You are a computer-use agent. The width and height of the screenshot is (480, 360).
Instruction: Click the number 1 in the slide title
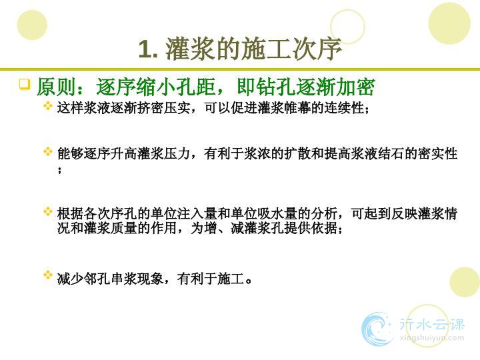[145, 49]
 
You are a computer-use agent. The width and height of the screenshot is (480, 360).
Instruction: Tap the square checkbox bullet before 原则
[25, 84]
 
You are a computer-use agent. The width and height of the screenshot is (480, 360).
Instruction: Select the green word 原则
[56, 87]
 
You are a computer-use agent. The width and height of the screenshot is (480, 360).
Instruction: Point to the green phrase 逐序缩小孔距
[156, 87]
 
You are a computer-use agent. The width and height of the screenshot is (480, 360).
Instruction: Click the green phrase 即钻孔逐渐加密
[306, 87]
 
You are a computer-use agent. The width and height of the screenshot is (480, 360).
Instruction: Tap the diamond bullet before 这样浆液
[48, 106]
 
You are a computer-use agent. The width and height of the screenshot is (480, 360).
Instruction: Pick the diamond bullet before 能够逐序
[48, 151]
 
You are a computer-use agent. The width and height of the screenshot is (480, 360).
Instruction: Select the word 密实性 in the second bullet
[438, 153]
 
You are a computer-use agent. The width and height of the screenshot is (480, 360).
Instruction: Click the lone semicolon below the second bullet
[60, 170]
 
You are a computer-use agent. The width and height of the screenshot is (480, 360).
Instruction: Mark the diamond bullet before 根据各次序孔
[48, 211]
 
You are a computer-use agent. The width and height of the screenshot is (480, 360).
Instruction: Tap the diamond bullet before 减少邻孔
[48, 275]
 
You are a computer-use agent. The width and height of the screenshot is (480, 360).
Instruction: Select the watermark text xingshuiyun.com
[431, 338]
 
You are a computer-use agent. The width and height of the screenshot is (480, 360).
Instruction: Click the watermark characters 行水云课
[431, 324]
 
